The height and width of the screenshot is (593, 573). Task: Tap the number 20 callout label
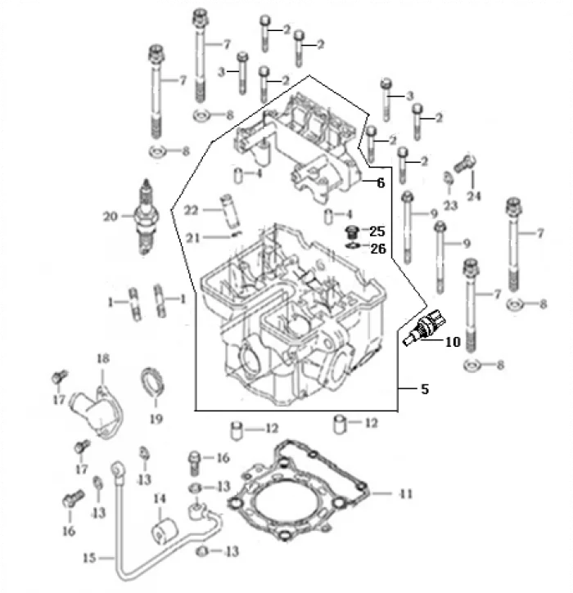(x=111, y=218)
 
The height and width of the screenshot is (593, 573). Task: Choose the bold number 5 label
(x=424, y=390)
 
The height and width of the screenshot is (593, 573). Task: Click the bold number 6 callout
(x=380, y=184)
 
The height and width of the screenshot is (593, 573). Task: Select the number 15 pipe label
(x=91, y=559)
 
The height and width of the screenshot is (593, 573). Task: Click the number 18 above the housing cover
(x=103, y=360)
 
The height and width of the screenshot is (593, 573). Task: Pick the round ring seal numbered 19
(x=153, y=384)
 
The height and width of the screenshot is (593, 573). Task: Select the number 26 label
(x=377, y=249)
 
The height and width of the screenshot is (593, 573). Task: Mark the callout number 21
(x=191, y=238)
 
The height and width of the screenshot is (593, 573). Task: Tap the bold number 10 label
(x=453, y=343)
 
